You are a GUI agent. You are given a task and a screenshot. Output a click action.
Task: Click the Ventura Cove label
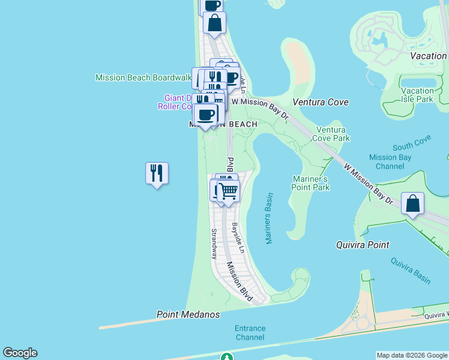(320, 102)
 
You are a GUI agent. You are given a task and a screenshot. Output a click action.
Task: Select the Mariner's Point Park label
(311, 183)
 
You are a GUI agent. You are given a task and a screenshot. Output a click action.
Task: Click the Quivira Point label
(362, 245)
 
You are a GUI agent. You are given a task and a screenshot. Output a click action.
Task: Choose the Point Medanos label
(188, 314)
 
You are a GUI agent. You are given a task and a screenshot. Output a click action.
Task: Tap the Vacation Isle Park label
(417, 95)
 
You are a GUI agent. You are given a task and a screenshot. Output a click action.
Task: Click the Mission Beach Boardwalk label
(143, 77)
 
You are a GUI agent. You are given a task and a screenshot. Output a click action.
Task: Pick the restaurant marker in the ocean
(157, 173)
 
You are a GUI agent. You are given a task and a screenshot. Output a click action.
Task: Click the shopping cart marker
(228, 191)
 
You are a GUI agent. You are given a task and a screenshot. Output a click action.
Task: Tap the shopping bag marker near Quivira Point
(413, 203)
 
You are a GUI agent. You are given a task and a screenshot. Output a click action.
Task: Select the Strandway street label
(214, 243)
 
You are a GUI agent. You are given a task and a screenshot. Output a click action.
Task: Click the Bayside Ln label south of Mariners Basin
(239, 238)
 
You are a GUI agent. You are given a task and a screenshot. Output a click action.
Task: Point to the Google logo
(20, 353)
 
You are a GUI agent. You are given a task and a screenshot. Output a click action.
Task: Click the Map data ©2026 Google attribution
(412, 355)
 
